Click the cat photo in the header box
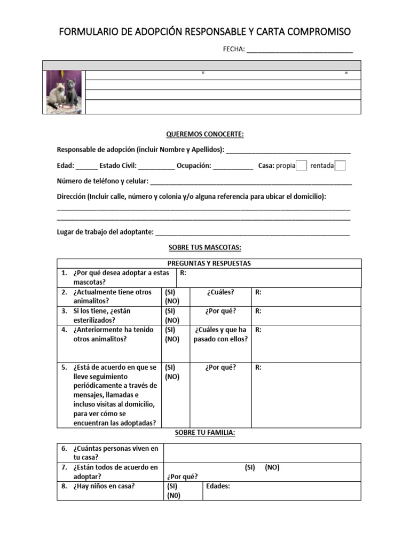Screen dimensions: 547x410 pos(64,92)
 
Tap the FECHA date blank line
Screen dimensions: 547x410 pos(299,50)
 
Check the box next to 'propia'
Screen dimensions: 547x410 pos(301,166)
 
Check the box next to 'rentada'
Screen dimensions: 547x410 pos(340,166)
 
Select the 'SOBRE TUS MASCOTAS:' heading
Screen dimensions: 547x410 pos(204,247)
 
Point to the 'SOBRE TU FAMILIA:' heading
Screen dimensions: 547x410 pos(204,433)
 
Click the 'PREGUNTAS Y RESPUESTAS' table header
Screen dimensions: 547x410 pos(209,263)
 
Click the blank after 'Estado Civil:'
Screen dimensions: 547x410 pos(156,167)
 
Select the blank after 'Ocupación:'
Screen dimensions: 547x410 pos(233,167)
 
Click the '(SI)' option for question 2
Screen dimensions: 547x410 pos(170,292)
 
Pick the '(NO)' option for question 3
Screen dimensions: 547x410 pos(172,320)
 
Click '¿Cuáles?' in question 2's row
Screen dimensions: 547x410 pos(220,292)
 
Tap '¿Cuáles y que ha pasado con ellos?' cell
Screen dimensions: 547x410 pos(220,334)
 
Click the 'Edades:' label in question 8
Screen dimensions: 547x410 pos(218,486)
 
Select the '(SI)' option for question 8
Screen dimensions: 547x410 pos(172,486)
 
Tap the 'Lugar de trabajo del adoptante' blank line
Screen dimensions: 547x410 pos(253,233)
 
